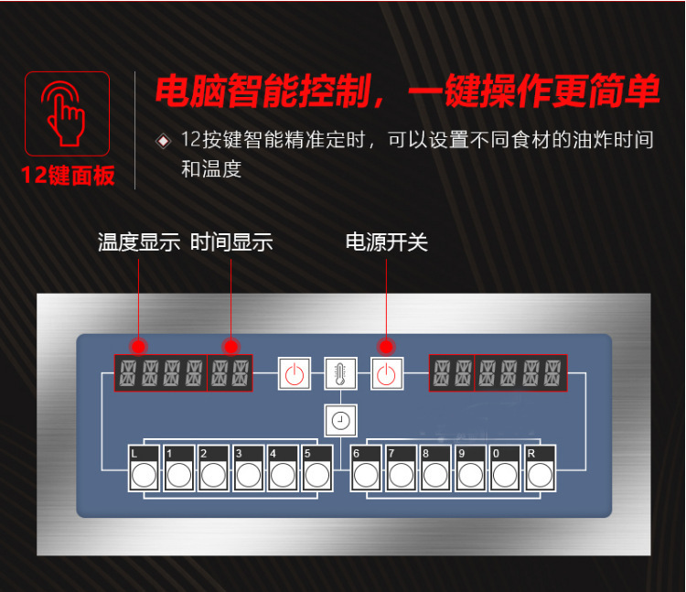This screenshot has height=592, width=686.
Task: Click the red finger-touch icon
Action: point(66,113)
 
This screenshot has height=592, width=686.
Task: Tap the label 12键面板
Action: point(68,175)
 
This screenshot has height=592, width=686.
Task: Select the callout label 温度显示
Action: point(139,242)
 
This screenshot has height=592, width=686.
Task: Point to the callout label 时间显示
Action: point(231,242)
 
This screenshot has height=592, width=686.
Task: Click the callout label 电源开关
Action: point(386,242)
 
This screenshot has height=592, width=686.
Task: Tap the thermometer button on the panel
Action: point(340,374)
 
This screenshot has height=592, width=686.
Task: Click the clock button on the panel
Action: point(340,421)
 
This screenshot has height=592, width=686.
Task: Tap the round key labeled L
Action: point(144,475)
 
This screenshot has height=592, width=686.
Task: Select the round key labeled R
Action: point(540,475)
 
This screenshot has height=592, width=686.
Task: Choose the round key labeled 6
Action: point(366,475)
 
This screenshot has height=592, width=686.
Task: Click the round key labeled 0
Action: point(505,475)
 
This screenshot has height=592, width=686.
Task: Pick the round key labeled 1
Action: point(178,475)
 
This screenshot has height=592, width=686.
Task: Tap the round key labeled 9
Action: point(470,475)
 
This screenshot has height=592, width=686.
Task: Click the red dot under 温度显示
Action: point(139,347)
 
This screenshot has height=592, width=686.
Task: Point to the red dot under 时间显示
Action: point(231,347)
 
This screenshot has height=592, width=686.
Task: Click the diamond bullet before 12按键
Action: point(164,141)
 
